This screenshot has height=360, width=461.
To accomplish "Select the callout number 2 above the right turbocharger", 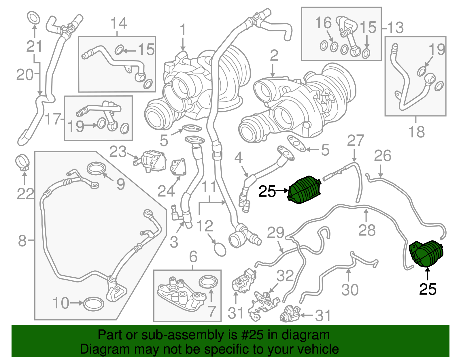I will (x=274, y=56).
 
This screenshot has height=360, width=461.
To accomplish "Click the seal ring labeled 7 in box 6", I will (x=208, y=281).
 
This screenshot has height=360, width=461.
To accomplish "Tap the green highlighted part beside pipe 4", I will (x=305, y=190).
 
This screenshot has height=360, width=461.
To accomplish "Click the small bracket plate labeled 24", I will (x=179, y=168).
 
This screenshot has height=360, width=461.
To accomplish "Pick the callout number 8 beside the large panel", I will (x=22, y=241).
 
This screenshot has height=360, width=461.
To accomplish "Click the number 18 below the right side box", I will (x=416, y=132).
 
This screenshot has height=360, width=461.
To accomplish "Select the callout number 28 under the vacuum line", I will (x=367, y=230).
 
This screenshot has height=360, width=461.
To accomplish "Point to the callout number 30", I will (x=350, y=290).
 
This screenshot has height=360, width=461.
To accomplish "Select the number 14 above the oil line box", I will (x=118, y=23).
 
